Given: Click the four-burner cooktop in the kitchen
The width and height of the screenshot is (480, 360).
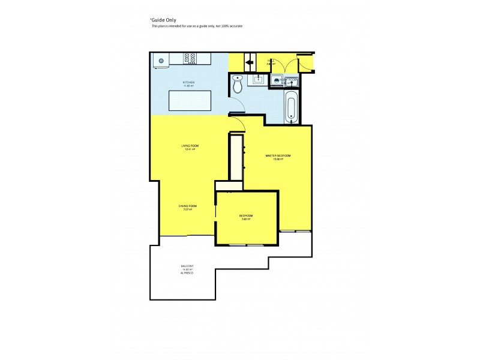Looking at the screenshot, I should click(191, 59).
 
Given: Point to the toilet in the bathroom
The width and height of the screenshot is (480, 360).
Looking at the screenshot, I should click(238, 85).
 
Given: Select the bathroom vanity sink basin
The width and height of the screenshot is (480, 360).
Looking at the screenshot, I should click(259, 78).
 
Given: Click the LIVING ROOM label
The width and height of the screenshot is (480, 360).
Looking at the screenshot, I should click(190, 146).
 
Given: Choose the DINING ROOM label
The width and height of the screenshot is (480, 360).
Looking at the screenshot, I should click(187, 206).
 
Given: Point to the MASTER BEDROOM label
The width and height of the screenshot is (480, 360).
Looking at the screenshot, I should click(278, 156).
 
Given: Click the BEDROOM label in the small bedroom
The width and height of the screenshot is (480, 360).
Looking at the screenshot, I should click(245, 215).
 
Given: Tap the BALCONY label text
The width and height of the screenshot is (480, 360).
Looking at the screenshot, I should click(187, 266).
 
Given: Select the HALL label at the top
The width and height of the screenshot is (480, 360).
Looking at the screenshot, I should click(271, 60).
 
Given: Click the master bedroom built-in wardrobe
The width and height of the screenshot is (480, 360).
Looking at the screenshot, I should click(236, 157).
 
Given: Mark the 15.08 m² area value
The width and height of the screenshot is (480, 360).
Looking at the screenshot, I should click(278, 160).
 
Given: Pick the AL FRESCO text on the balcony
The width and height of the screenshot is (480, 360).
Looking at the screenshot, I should click(187, 274).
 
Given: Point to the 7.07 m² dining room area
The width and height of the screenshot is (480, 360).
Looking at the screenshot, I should click(187, 209).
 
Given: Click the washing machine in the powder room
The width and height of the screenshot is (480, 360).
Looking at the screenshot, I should click(277, 79).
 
